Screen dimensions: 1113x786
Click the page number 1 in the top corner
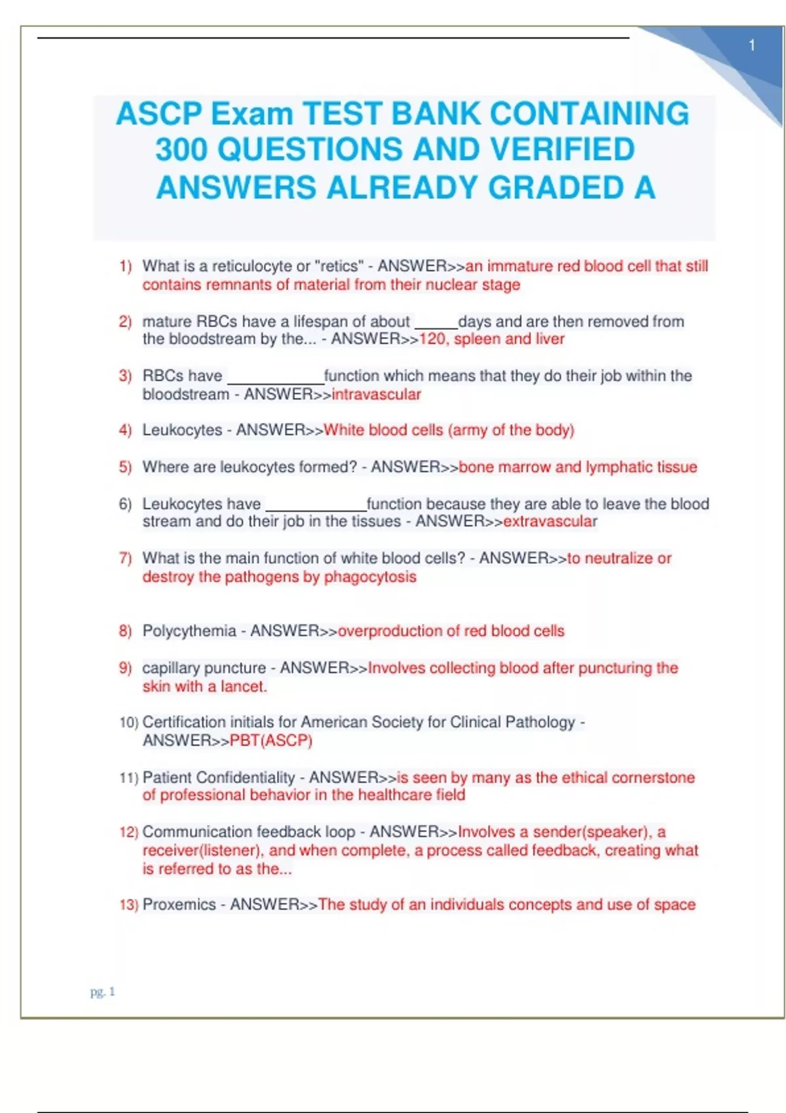click(752, 46)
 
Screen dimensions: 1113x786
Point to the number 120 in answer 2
click(432, 339)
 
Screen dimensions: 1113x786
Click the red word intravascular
click(377, 394)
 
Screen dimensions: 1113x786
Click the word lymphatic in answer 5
click(618, 467)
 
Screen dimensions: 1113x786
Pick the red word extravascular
click(550, 521)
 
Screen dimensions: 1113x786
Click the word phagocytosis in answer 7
click(370, 577)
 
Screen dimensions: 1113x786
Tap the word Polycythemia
click(189, 630)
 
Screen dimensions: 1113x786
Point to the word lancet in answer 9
click(243, 686)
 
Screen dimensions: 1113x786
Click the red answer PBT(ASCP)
click(271, 740)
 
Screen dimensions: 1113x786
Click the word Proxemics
click(179, 904)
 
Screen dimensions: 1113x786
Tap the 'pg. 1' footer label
click(103, 992)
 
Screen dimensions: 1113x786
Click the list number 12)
click(128, 832)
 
